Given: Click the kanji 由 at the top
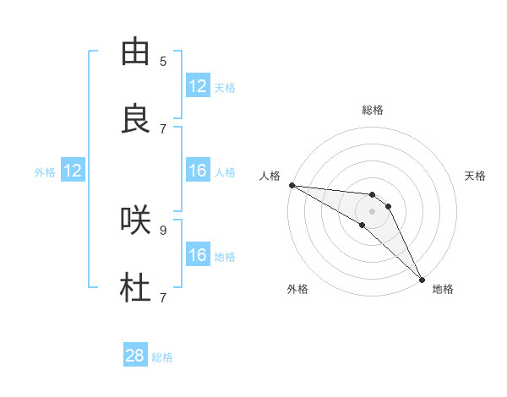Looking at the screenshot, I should tap(135, 52).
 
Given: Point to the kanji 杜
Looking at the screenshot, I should tap(135, 288).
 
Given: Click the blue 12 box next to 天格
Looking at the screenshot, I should tap(198, 86).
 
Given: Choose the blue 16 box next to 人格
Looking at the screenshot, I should tap(198, 171).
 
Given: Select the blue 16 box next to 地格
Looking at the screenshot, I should tap(198, 255).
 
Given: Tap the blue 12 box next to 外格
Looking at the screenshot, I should tap(73, 171).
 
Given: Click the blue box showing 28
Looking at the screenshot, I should tap(135, 356).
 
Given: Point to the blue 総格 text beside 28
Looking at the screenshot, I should tap(162, 357).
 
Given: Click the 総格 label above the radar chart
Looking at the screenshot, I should tap(373, 110).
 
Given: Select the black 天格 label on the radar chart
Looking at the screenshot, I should tap(476, 176).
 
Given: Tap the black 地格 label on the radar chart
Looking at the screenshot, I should tap(443, 289).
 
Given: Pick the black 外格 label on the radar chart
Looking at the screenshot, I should tap(297, 289).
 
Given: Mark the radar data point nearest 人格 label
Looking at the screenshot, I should tap(292, 185).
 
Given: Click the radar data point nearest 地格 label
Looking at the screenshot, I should tap(422, 278).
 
